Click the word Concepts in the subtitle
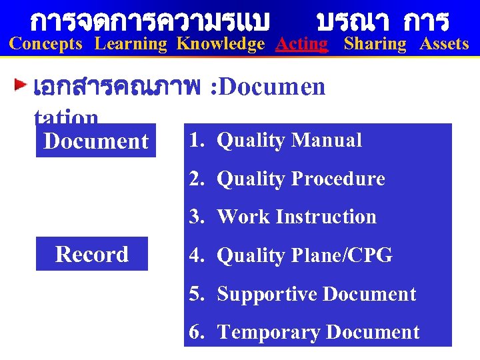pos(46,45)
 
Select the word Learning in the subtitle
pos(131,45)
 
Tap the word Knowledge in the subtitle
pos(221,45)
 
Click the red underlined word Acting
pos(302,45)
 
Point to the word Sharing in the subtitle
pos(375,45)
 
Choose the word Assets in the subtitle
pos(444,45)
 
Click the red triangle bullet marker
pos(22,86)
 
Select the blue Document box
pos(96,141)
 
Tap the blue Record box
pos(92,254)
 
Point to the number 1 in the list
pos(194,141)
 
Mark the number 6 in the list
pos(195,332)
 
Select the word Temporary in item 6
pos(262,332)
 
